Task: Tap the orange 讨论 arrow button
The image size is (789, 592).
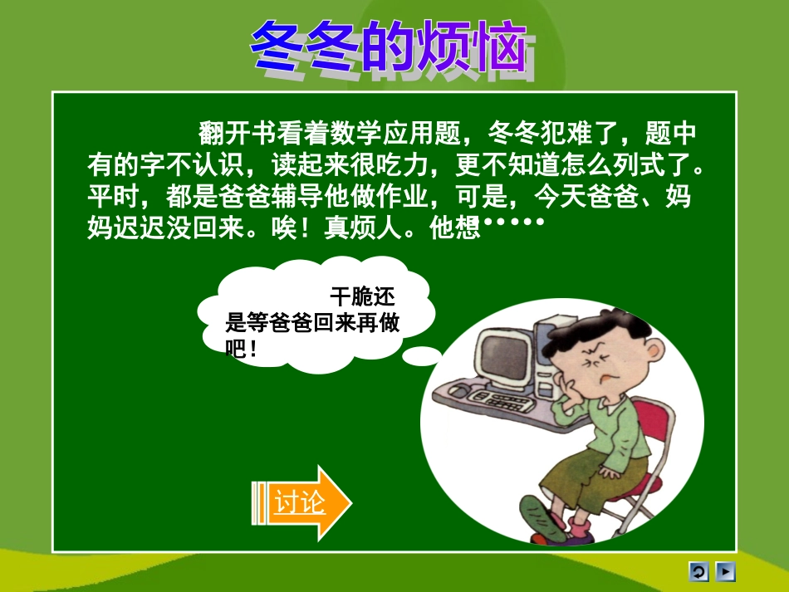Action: tap(301, 503)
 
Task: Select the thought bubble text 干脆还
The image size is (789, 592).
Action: tap(363, 297)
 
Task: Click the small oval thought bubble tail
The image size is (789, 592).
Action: tap(424, 355)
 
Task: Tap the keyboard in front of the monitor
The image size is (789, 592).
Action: tap(498, 402)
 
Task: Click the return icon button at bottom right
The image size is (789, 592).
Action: tap(698, 572)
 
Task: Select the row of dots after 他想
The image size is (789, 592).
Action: tap(514, 223)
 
